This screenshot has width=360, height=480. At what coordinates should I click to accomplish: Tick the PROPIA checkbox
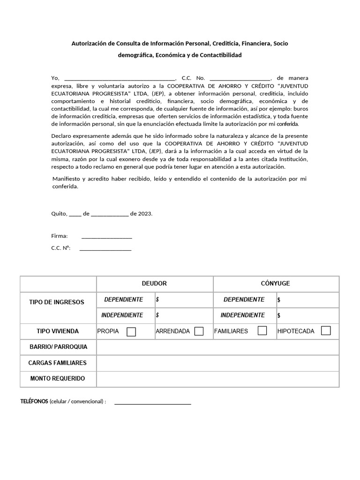[x=131, y=331]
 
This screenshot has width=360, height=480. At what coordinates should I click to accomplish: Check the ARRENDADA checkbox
[x=199, y=331]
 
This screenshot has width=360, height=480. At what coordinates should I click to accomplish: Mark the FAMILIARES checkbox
[x=262, y=331]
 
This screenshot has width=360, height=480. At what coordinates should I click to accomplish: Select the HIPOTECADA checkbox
[x=326, y=331]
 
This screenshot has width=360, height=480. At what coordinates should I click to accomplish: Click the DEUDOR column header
[x=154, y=284]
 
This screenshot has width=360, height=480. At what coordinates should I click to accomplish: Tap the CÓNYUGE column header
[x=275, y=284]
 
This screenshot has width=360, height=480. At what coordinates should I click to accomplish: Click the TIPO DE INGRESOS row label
[x=57, y=302]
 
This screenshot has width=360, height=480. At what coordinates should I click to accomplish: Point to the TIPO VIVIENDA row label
[x=58, y=331]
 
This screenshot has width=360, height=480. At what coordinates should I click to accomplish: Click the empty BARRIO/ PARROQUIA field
[x=217, y=347]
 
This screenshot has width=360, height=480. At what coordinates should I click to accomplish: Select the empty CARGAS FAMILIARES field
[x=217, y=363]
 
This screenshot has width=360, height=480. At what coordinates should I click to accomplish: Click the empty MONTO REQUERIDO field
[x=217, y=378]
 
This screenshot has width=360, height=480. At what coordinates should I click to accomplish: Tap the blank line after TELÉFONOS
[x=153, y=403]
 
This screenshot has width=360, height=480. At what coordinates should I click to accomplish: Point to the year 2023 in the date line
[x=145, y=213]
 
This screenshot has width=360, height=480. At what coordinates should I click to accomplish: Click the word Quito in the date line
[x=59, y=213]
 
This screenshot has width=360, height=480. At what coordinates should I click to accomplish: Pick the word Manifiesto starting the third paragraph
[x=66, y=179]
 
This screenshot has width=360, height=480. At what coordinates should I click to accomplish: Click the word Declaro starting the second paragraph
[x=62, y=136]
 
